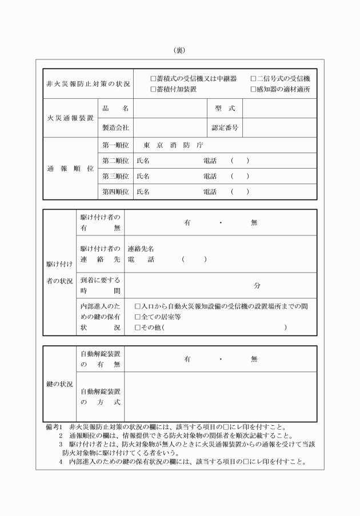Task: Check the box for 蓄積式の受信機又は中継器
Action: point(153,78)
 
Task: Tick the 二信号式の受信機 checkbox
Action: point(253,78)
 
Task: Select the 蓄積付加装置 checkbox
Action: point(153,89)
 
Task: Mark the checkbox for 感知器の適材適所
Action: point(253,89)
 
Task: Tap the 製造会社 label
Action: point(115,127)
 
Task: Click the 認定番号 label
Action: point(225,127)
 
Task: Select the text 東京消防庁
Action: point(170,145)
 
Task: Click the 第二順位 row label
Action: point(115,161)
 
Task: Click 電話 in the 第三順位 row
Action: point(210,177)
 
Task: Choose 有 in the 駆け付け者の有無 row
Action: point(187,223)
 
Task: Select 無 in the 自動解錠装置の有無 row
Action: point(254,359)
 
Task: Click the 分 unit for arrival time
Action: point(257,285)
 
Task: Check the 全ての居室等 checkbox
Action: point(137,317)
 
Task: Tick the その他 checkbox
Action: point(137,327)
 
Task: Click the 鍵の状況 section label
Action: point(59,385)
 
